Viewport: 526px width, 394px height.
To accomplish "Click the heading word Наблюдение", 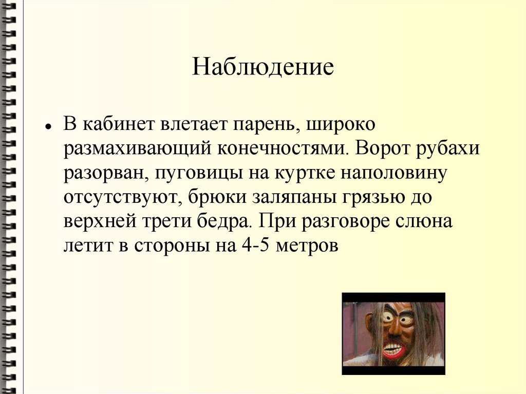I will tap(263, 67).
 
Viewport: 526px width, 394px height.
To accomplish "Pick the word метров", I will tap(307, 246).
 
